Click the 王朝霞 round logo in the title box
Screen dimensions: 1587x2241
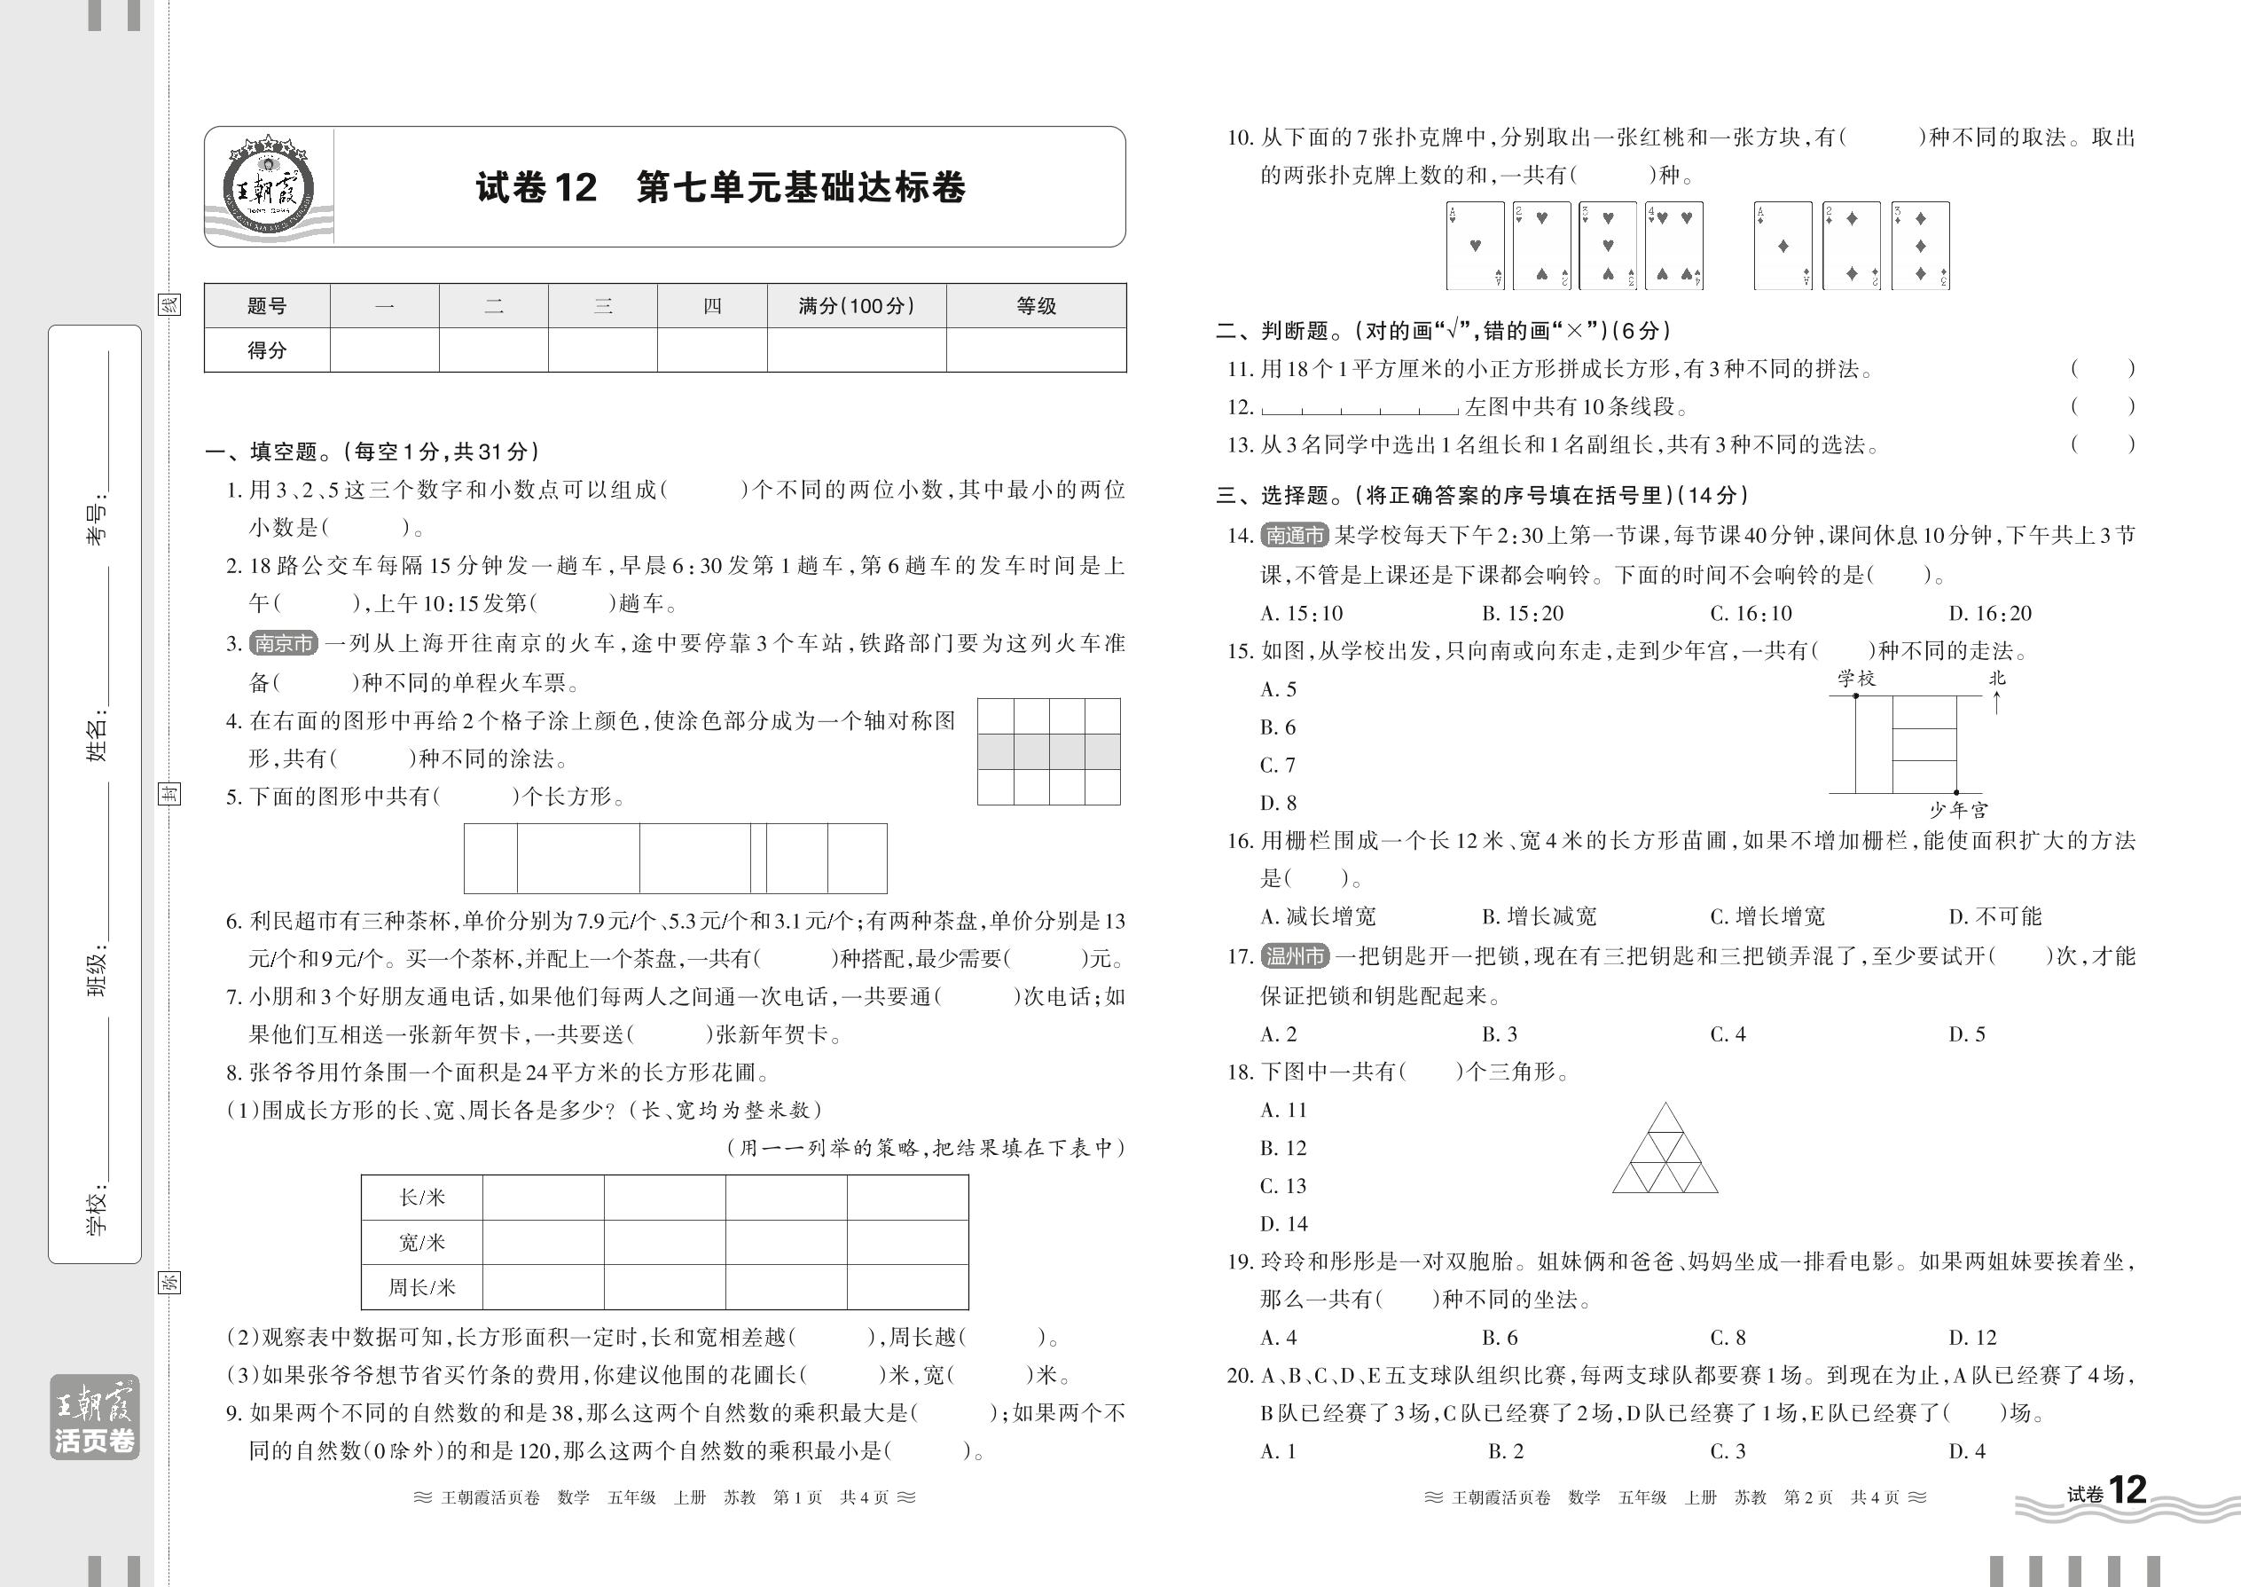point(268,186)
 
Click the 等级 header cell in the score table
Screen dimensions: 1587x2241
point(1036,306)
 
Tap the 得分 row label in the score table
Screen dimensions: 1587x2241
point(267,350)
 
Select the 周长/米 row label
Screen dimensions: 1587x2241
point(422,1287)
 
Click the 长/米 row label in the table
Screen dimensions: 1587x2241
point(422,1197)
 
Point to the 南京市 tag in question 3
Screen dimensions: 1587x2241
point(283,643)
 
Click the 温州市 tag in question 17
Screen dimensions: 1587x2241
point(1295,955)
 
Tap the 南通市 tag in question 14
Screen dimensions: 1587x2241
point(1295,536)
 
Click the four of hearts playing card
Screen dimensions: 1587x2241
point(1674,246)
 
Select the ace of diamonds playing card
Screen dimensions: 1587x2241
point(1783,246)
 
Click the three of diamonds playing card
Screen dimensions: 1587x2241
point(1920,246)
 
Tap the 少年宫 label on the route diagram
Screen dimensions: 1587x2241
point(1958,810)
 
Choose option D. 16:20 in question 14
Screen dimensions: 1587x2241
point(1990,614)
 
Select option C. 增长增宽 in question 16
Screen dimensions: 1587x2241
point(1767,916)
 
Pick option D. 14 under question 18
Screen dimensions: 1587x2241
point(1282,1223)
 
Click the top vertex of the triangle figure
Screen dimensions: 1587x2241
point(1665,1104)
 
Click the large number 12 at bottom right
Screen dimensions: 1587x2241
point(2127,1491)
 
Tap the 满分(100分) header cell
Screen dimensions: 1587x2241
point(856,306)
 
